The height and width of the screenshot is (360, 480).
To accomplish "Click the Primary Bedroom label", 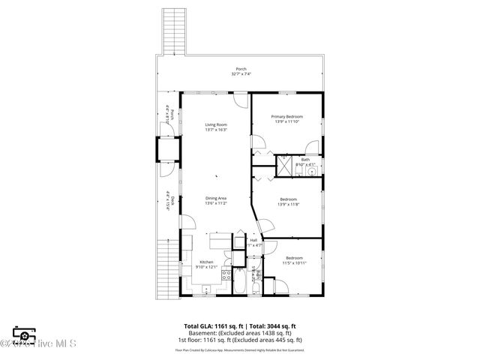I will click(287, 118).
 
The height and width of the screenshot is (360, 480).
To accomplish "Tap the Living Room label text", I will click(216, 127).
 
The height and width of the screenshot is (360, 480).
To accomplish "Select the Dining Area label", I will click(216, 200).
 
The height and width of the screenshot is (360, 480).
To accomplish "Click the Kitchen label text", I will click(206, 264).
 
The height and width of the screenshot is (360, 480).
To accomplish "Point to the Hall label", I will click(254, 242).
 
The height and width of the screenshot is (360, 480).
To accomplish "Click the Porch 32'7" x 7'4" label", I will click(241, 71).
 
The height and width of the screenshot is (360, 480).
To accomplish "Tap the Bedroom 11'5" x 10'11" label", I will click(292, 261).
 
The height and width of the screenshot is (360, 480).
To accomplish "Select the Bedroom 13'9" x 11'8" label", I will click(288, 202).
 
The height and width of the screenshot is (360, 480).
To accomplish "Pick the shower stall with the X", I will click(285, 164).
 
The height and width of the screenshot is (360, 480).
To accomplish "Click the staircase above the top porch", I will click(174, 31).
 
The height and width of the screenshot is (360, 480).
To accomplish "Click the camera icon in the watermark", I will click(24, 334).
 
